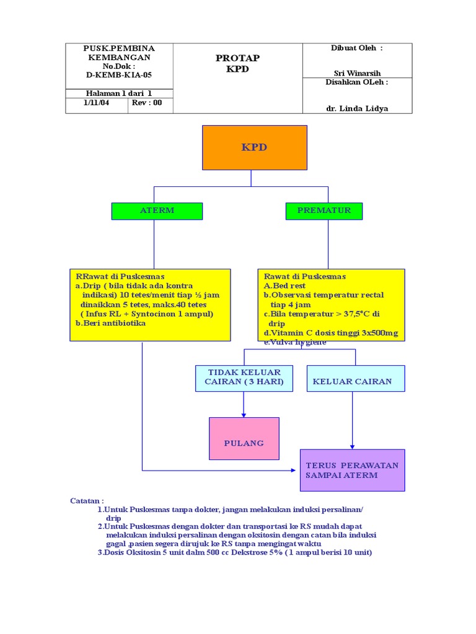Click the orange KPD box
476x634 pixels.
click(254, 147)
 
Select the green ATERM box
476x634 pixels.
click(157, 211)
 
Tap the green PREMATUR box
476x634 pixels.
click(324, 211)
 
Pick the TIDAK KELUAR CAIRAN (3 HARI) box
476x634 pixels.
click(244, 378)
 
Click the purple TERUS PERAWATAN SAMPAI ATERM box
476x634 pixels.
click(352, 470)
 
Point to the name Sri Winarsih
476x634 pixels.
click(356, 73)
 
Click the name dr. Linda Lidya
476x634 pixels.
click(356, 108)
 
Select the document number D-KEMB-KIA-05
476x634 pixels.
click(119, 75)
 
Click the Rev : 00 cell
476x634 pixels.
click(148, 103)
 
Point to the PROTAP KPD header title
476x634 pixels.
click(237, 63)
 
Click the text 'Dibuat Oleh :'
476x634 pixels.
click(357, 48)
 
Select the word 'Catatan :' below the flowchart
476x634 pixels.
click(87, 500)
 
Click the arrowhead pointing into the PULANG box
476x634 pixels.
click(244, 414)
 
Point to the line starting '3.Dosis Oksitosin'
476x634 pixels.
click(234, 552)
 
